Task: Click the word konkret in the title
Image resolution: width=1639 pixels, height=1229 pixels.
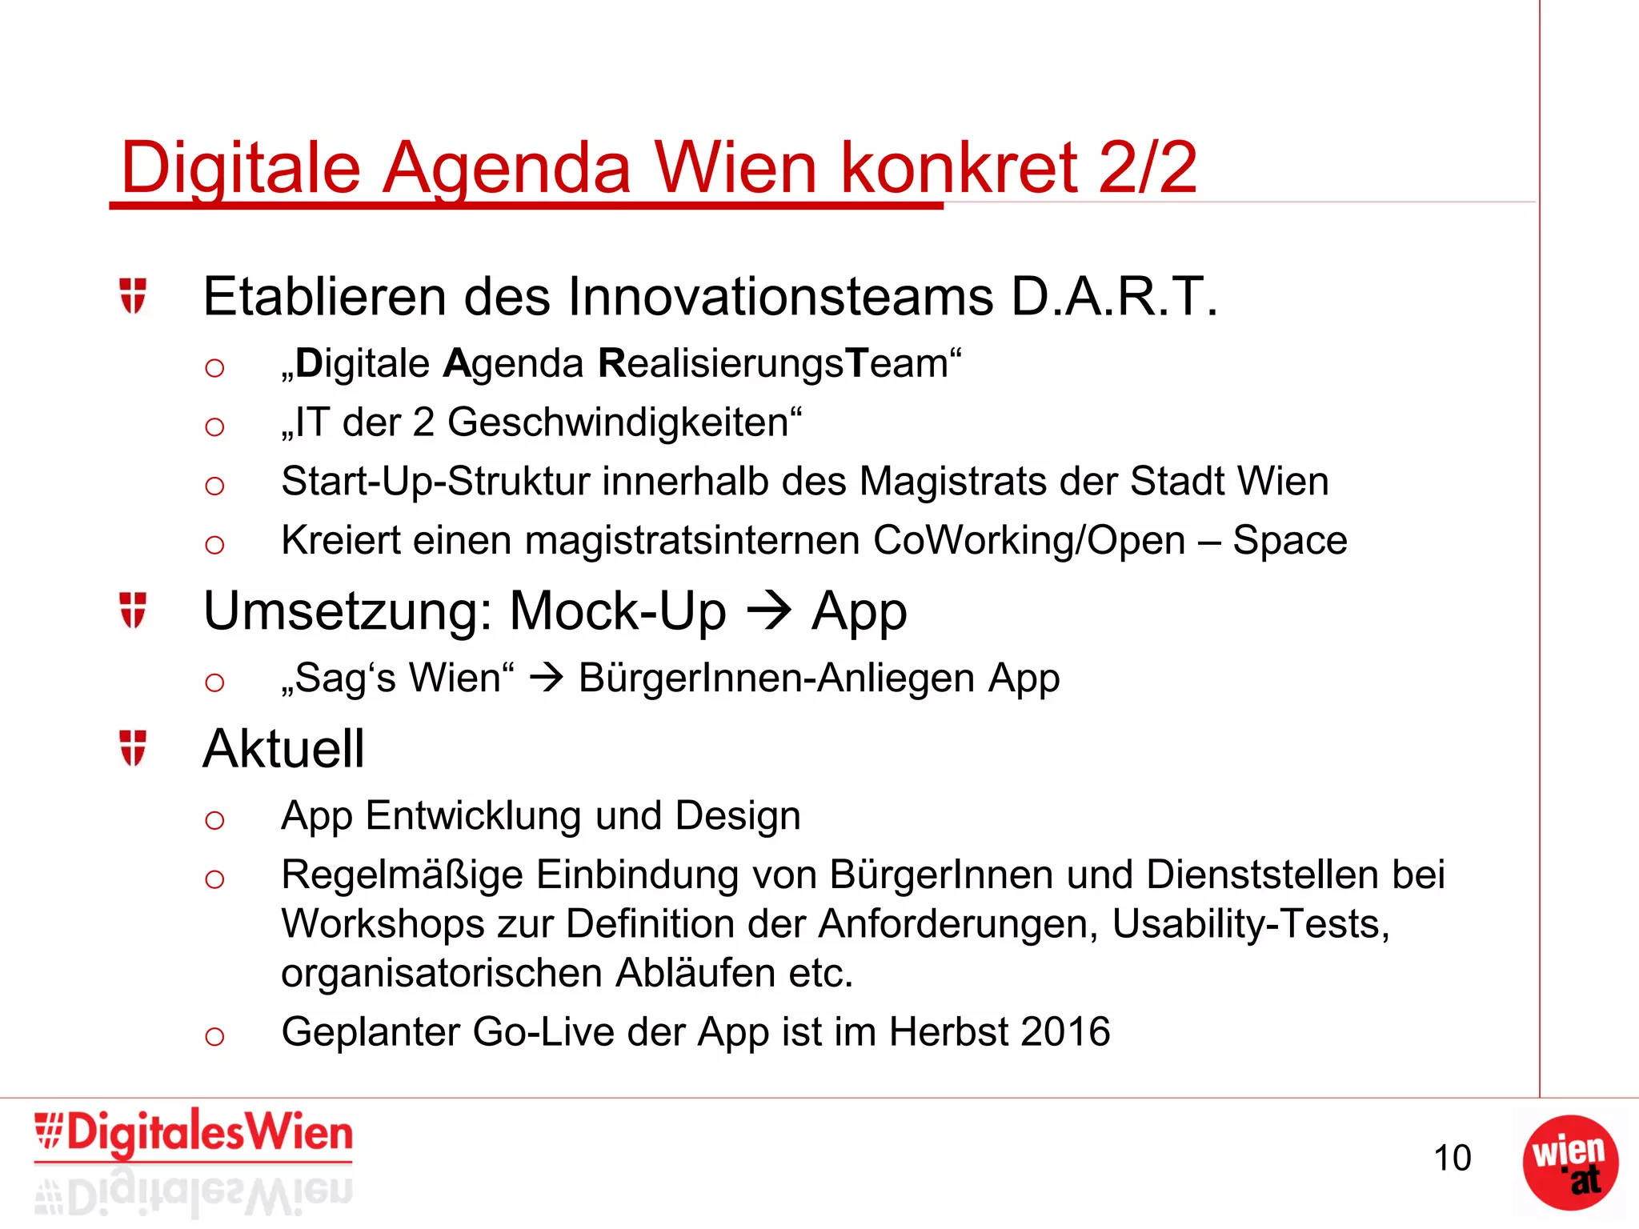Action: click(958, 168)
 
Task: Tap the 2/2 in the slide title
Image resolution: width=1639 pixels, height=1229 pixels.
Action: click(1148, 168)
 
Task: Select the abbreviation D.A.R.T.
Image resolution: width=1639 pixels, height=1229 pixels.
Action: click(1113, 297)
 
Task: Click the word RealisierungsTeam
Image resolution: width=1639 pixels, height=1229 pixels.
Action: click(773, 363)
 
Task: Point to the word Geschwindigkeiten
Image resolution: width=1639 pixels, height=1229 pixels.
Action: click(618, 422)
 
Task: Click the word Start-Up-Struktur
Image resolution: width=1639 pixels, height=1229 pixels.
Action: click(435, 482)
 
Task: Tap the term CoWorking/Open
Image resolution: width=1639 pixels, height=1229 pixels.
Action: click(1029, 540)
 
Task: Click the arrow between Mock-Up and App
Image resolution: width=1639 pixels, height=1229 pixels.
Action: click(769, 610)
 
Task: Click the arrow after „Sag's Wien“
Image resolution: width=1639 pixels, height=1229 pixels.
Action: click(547, 679)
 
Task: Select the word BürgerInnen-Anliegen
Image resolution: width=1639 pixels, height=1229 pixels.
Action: click(776, 679)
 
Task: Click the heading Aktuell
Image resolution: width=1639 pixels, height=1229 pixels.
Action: click(284, 749)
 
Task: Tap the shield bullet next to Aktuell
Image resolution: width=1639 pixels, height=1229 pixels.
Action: click(133, 747)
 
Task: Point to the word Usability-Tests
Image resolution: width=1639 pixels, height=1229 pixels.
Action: click(1250, 924)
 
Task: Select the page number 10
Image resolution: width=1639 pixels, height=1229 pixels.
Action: click(1452, 1159)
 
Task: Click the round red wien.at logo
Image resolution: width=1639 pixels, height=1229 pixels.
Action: click(1569, 1163)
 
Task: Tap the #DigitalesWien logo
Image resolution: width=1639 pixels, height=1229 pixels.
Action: click(194, 1135)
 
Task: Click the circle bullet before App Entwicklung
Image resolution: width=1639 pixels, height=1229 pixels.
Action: click(214, 820)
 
